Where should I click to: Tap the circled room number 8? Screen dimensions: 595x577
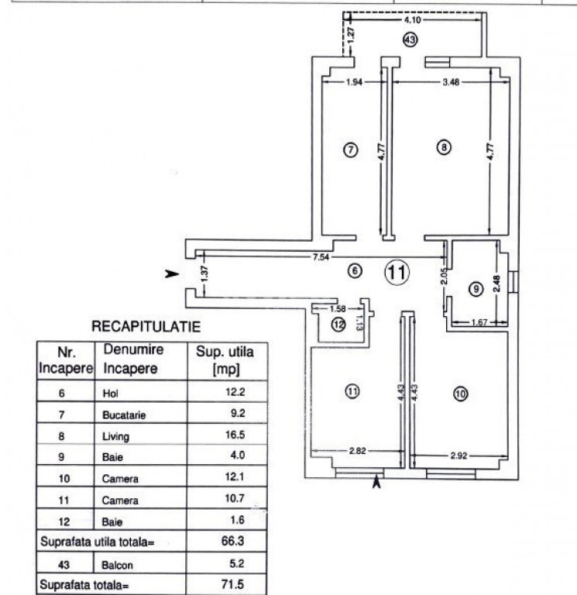tap(443, 148)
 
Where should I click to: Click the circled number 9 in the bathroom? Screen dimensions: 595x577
tap(476, 288)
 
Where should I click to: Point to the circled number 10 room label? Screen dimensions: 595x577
tap(461, 394)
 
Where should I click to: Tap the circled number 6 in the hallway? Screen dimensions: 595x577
tap(355, 271)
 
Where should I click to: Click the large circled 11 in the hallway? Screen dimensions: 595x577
tap(397, 271)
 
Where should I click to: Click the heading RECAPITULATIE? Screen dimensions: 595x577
tap(146, 327)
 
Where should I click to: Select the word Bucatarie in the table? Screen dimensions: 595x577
tap(124, 414)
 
